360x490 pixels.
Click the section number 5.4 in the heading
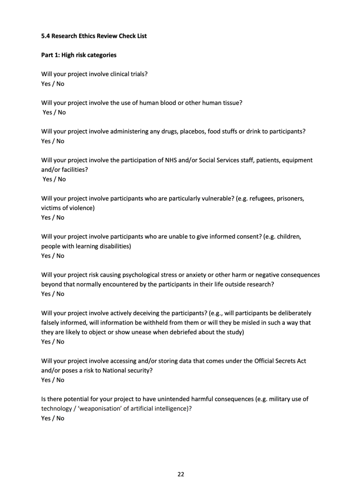point(45,36)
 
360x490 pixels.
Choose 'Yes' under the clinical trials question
point(46,84)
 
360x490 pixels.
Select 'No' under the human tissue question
point(61,112)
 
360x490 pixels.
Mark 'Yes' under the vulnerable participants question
point(46,218)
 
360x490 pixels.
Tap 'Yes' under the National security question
point(46,380)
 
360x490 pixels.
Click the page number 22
point(181,474)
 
